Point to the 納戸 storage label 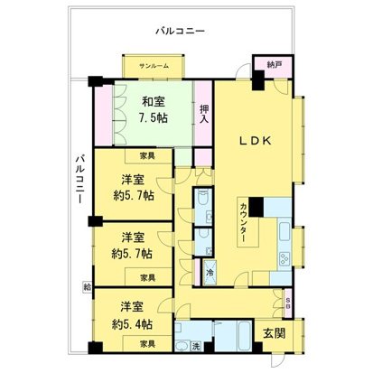tap(274, 64)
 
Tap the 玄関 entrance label tap(275, 333)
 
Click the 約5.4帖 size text tap(132, 323)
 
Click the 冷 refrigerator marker tap(210, 272)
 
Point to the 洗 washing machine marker tap(195, 347)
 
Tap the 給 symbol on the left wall tap(87, 286)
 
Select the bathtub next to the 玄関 tap(235, 337)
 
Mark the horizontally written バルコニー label tap(180, 31)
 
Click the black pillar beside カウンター tap(256, 207)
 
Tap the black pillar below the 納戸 tap(260, 79)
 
